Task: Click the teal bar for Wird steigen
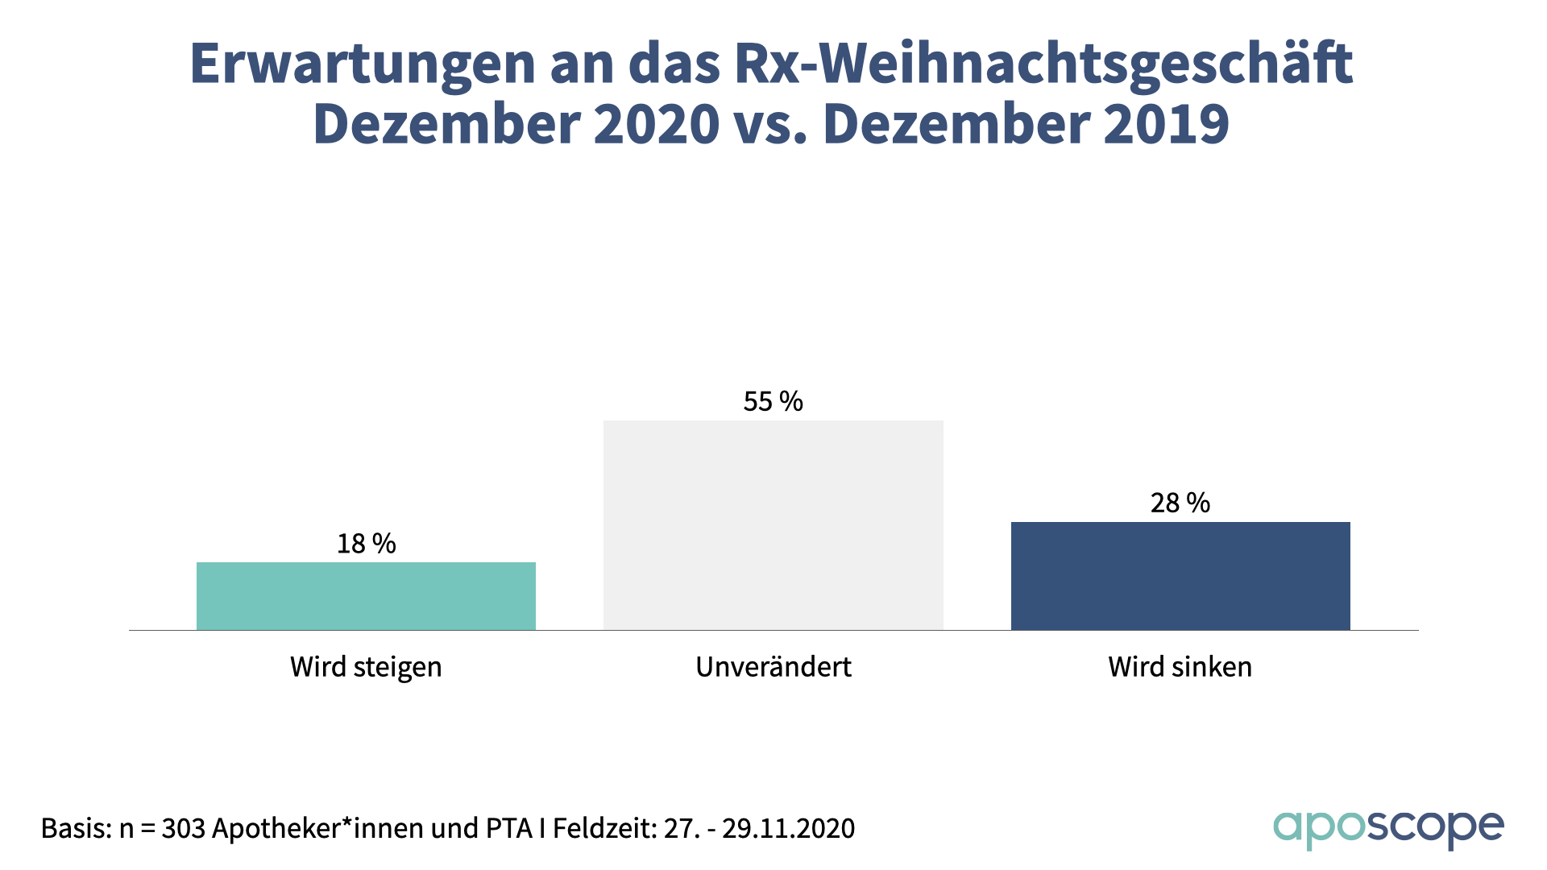[x=366, y=596]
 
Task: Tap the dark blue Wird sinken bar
[x=1180, y=576]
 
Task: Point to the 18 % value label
[x=366, y=544]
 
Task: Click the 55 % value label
[x=773, y=401]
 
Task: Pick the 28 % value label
[x=1180, y=503]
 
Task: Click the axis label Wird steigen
[x=366, y=667]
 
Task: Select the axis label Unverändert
[x=773, y=667]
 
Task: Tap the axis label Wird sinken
[x=1180, y=667]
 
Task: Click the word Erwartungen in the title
[x=363, y=64]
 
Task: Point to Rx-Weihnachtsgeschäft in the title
[x=1043, y=64]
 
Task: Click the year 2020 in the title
[x=657, y=125]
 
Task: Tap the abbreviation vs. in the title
[x=770, y=125]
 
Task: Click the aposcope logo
[x=1388, y=828]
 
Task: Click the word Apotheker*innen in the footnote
[x=319, y=828]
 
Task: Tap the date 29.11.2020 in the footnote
[x=788, y=828]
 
